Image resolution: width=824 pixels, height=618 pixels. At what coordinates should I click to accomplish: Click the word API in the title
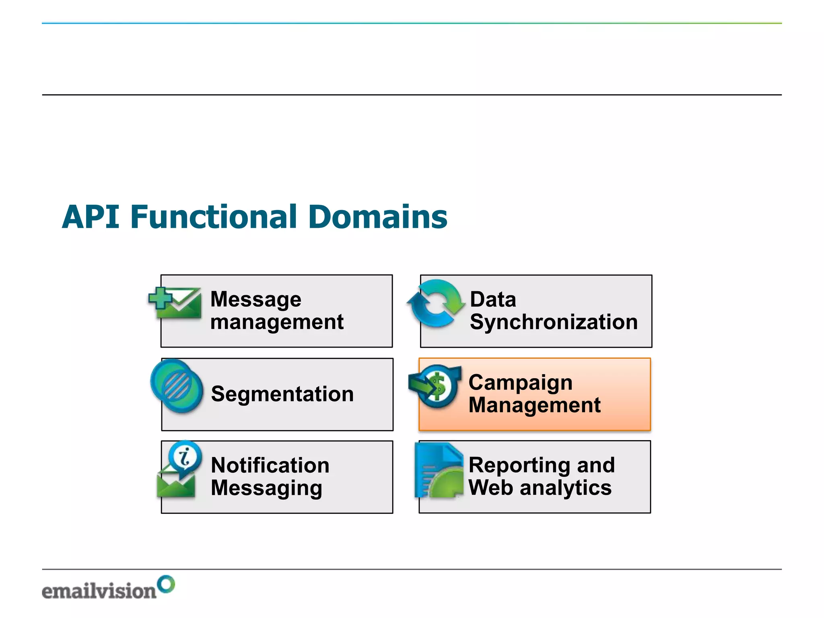point(91,217)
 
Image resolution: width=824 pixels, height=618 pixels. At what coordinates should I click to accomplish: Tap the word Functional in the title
point(213,217)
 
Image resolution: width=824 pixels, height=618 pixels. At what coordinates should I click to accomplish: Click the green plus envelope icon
point(175,303)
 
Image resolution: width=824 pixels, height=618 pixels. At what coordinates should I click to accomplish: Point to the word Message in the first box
point(256,299)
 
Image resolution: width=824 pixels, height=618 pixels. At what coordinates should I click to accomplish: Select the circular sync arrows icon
point(435,303)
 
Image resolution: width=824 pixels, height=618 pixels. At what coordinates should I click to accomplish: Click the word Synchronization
point(554,322)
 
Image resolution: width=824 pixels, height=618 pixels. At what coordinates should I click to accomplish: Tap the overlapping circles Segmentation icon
point(177,386)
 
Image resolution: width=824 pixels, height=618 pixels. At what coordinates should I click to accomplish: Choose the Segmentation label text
point(282,394)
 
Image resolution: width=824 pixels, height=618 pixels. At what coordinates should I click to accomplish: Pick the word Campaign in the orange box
point(520,383)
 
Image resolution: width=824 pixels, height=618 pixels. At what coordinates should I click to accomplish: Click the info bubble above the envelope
point(185,457)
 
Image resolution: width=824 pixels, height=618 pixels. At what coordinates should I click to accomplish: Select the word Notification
point(270,466)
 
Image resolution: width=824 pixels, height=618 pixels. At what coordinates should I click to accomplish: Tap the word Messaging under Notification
point(266,488)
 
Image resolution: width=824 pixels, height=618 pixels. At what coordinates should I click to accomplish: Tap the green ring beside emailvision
point(166,584)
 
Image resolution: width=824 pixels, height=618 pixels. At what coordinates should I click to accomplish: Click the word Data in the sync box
point(493,299)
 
